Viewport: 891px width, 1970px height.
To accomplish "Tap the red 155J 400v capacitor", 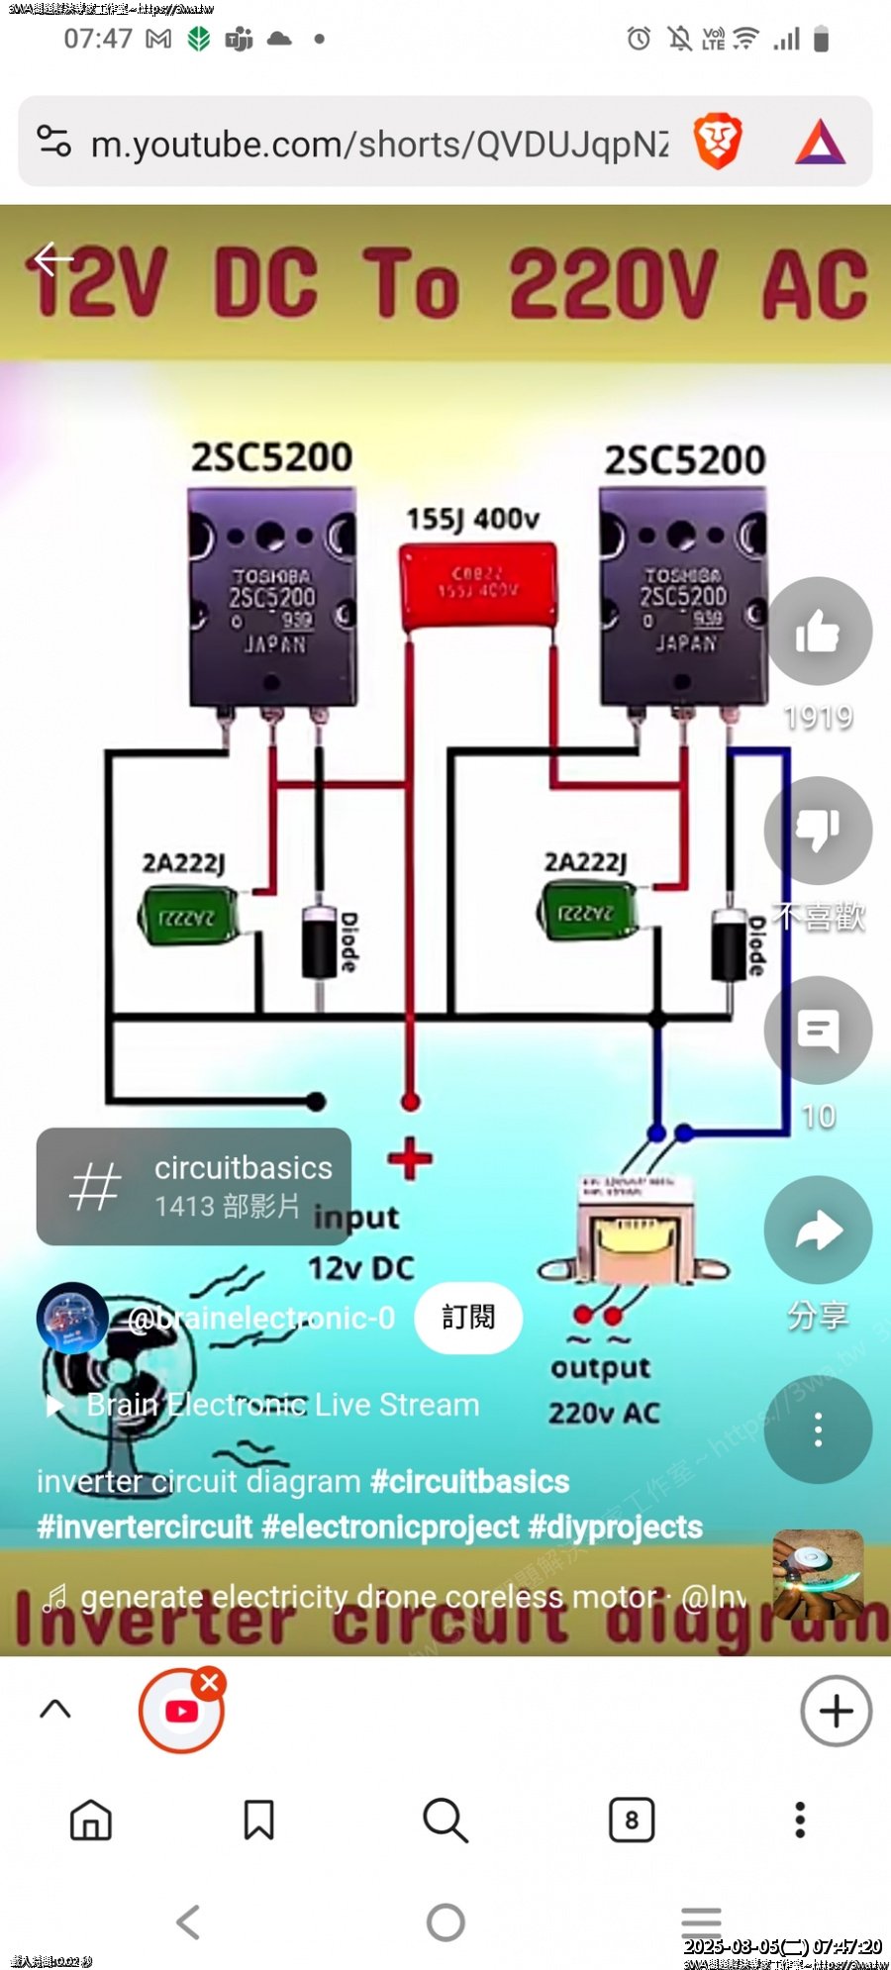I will click(x=477, y=586).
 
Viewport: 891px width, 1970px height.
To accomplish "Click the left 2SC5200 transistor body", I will click(x=271, y=597).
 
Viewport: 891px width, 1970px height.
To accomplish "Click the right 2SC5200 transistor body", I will click(x=683, y=597).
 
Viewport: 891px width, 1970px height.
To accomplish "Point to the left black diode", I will click(x=319, y=941).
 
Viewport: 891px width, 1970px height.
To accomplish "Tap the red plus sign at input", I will click(x=410, y=1159).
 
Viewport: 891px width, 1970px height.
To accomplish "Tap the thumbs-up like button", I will click(x=819, y=632).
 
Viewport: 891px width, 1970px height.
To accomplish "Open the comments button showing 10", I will click(x=819, y=1031).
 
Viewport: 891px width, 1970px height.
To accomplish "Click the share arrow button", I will click(x=819, y=1231).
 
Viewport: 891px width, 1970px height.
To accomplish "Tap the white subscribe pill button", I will click(x=468, y=1318).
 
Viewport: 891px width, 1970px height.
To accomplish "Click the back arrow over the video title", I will click(x=53, y=259).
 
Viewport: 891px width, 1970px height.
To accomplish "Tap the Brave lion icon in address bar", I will click(x=718, y=142).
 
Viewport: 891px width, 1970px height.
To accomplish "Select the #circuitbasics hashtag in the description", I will click(x=469, y=1482).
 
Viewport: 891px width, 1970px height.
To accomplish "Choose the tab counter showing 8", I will click(x=632, y=1820).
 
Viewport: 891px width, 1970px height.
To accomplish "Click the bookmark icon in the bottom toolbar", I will click(x=259, y=1820).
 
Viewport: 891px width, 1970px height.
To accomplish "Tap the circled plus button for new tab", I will click(x=836, y=1711).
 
